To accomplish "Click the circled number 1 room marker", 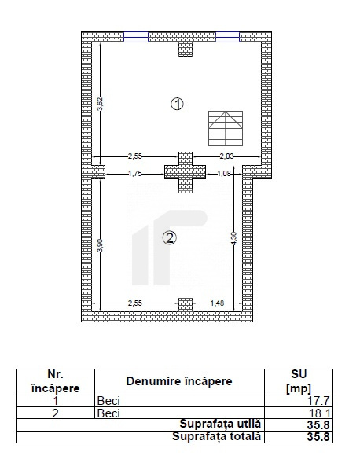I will point(178,104).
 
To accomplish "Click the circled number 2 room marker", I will point(170,237).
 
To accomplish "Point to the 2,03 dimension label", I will point(227,156).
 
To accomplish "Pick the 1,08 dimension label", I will point(223,173).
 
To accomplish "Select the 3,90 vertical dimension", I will point(100,244).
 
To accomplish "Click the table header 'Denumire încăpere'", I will point(179,381).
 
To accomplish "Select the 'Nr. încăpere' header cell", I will point(55,381).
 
